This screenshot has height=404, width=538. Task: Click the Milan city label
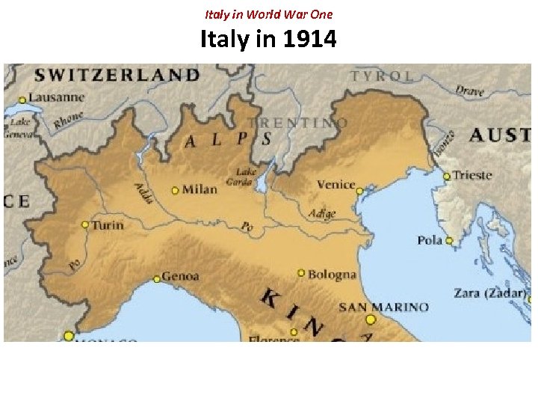[x=199, y=189]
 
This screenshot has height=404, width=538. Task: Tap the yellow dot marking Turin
[x=85, y=224]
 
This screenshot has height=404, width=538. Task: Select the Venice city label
[x=336, y=185]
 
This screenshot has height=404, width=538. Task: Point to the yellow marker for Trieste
[x=447, y=177]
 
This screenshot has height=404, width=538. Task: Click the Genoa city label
[x=181, y=276]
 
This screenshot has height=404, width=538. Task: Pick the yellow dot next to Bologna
[x=301, y=273]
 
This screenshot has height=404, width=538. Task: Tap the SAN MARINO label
[x=384, y=307]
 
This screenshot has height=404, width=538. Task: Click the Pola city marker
[x=449, y=240]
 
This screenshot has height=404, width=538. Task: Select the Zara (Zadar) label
[x=490, y=293]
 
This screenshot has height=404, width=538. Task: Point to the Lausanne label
[x=58, y=97]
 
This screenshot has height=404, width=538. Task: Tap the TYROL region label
[x=382, y=76]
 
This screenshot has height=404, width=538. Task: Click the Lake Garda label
[x=246, y=176]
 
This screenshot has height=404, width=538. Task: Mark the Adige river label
[x=322, y=213]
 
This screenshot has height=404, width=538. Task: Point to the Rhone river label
[x=69, y=120]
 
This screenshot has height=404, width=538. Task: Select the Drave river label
[x=470, y=91]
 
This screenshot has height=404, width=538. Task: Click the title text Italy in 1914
[x=268, y=39]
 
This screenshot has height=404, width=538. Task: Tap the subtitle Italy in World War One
[x=268, y=13]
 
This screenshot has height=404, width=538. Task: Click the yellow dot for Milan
[x=175, y=190]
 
